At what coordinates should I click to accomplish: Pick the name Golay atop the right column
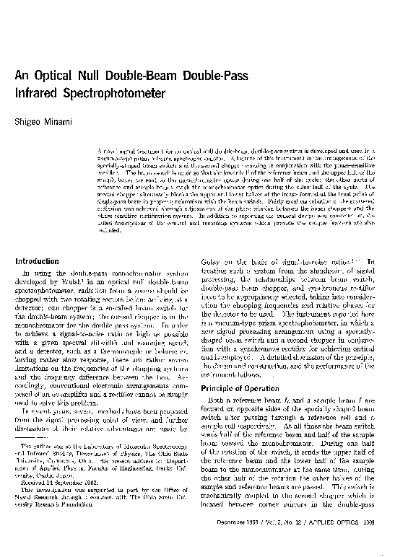point(219,262)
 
